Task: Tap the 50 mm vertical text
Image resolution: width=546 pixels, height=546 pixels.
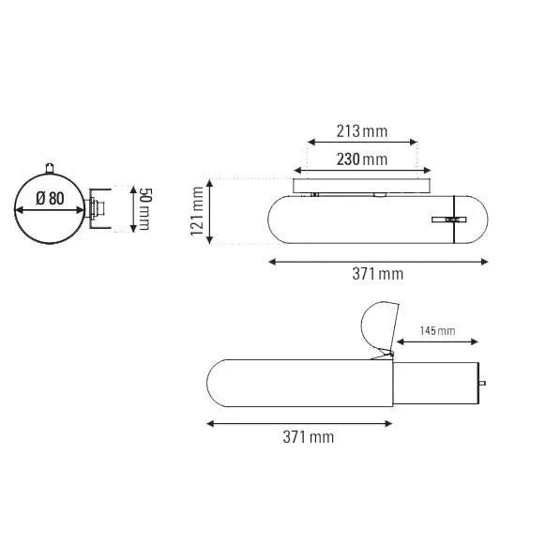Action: click(x=145, y=208)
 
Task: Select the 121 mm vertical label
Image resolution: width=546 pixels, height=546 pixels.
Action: click(x=196, y=212)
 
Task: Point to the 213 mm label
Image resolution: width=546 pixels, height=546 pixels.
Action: click(x=361, y=130)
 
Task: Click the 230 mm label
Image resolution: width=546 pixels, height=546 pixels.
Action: click(x=361, y=159)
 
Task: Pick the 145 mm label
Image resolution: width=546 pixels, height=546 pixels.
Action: click(x=436, y=331)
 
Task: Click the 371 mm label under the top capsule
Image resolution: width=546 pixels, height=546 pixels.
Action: click(x=377, y=274)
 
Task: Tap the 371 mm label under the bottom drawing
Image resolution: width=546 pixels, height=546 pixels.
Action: click(x=308, y=437)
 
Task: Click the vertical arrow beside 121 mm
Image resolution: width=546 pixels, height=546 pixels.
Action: click(x=214, y=212)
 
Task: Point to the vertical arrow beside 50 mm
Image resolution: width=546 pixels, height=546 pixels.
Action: click(x=129, y=208)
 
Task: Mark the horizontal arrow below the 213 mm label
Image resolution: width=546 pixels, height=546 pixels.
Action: click(x=362, y=144)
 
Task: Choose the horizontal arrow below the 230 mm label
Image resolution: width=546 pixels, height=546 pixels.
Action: click(x=362, y=172)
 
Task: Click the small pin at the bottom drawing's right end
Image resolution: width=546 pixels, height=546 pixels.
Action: click(x=483, y=383)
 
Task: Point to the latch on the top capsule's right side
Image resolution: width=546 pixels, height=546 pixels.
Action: click(x=451, y=219)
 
